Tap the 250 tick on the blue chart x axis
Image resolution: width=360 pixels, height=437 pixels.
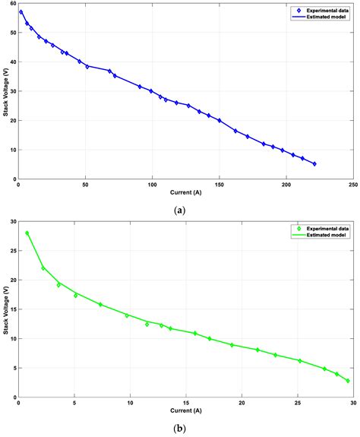pyautogui.click(x=352, y=185)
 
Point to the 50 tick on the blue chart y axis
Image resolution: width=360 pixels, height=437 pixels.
pyautogui.click(x=12, y=33)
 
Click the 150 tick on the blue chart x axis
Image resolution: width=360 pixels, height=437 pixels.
pyautogui.click(x=219, y=185)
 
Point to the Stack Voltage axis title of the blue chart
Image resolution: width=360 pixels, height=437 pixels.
pyautogui.click(x=5, y=91)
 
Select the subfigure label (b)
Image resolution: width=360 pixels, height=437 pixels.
pyautogui.click(x=179, y=428)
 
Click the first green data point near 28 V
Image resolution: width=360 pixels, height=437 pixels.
pyautogui.click(x=27, y=233)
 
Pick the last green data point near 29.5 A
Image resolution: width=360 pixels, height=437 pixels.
pyautogui.click(x=348, y=381)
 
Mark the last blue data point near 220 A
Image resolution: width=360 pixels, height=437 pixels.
pyautogui.click(x=314, y=163)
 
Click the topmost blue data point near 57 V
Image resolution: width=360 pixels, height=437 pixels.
pyautogui.click(x=21, y=12)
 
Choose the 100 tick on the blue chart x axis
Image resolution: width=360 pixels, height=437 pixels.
pyautogui.click(x=152, y=185)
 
